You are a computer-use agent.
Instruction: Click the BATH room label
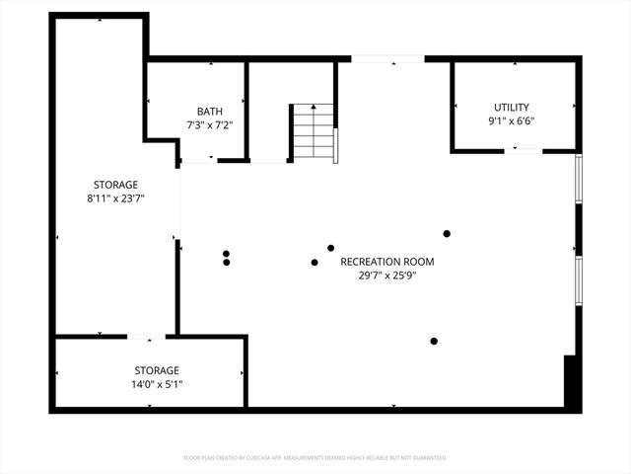pos(209,112)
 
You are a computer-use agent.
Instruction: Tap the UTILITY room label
pos(512,108)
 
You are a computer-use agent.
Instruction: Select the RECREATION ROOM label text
pos(386,262)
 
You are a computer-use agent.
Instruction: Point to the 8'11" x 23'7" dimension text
pos(115,197)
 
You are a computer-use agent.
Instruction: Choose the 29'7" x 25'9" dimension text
pos(386,276)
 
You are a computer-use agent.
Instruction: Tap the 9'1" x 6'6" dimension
pos(512,121)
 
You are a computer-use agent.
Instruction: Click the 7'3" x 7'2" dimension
pos(209,125)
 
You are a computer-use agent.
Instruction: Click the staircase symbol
pos(314,131)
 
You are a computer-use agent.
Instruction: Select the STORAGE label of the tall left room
pos(115,185)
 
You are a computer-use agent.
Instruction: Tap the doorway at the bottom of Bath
pos(198,159)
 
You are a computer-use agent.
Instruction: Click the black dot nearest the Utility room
pos(447,233)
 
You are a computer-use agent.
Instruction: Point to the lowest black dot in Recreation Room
pos(434,342)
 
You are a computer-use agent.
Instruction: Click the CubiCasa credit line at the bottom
pos(315,458)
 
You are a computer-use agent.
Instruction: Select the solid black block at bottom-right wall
pos(571,382)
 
